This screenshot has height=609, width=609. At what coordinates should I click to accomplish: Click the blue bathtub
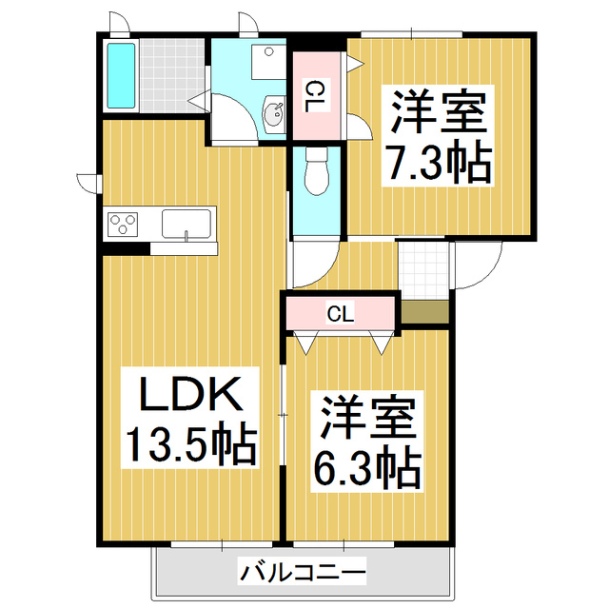[120, 75]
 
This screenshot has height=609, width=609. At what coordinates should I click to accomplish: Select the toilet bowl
[316, 174]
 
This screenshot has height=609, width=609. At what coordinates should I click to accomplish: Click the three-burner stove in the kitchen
[122, 225]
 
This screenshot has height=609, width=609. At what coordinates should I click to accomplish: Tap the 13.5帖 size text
[191, 443]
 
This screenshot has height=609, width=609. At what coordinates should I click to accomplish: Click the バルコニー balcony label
[304, 573]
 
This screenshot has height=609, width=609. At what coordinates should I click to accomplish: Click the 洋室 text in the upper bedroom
[437, 113]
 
